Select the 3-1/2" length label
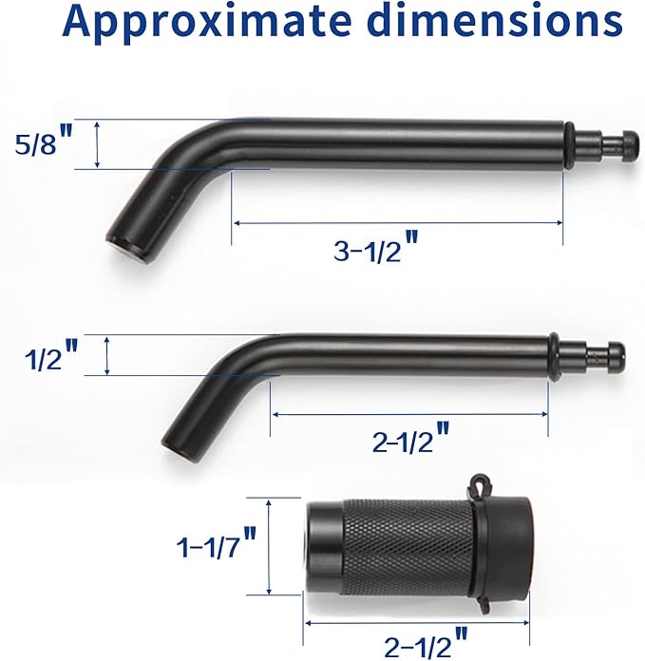375,252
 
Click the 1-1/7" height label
216,548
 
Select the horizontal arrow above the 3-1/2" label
398,223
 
